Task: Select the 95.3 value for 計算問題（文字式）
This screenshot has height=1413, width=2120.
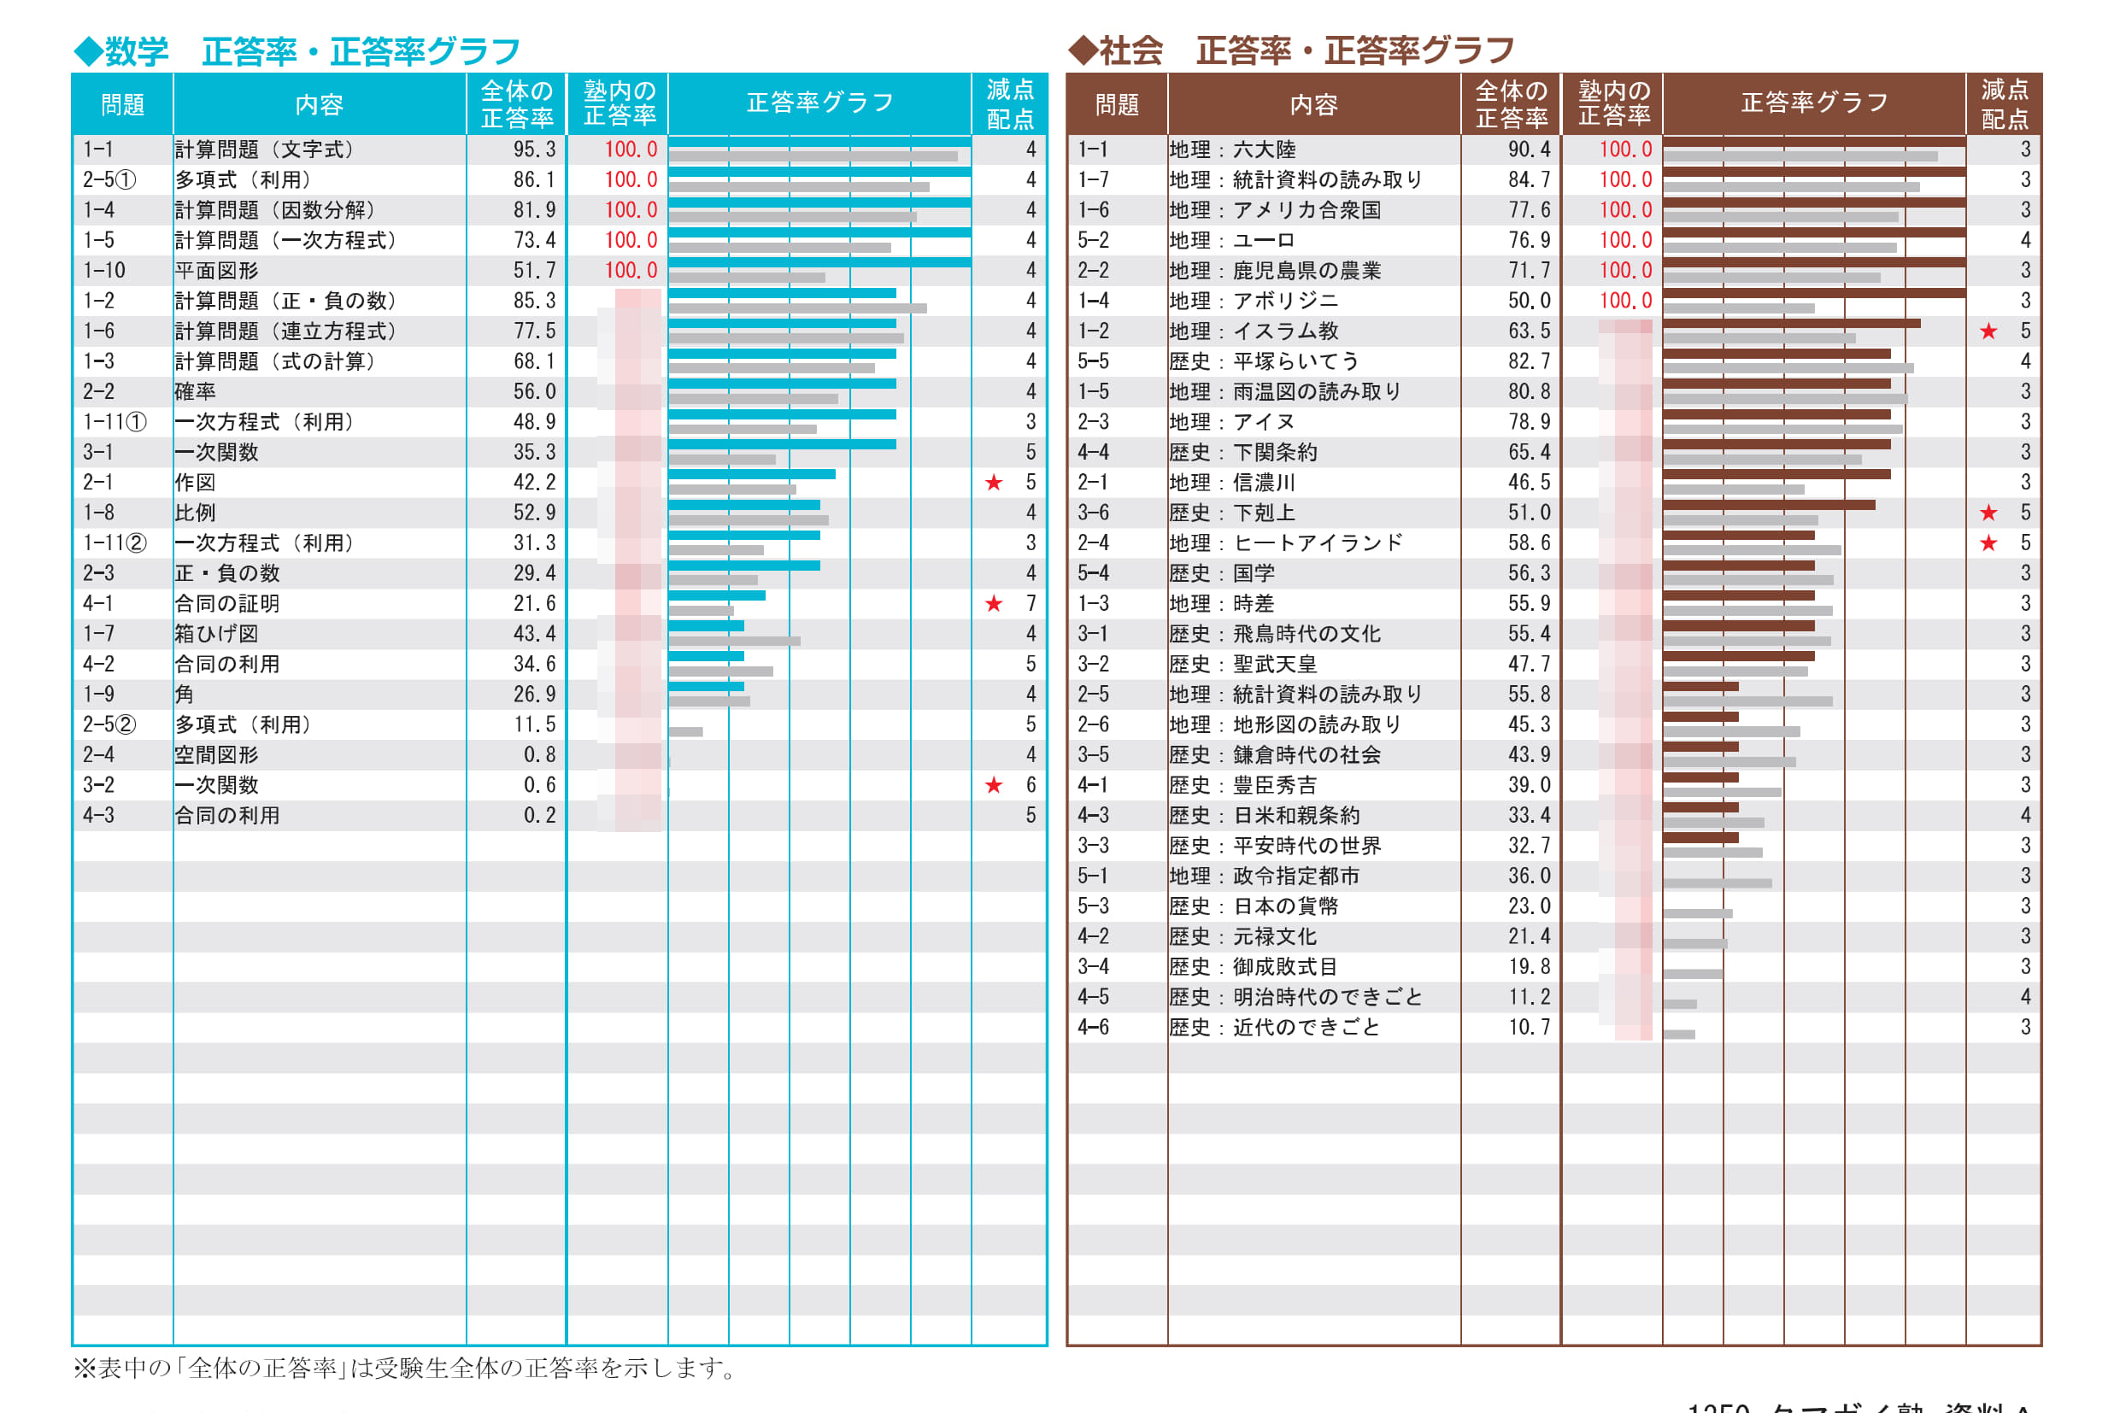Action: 535,150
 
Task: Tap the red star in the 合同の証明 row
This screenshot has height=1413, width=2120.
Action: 993,604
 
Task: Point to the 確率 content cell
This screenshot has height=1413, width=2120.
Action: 196,392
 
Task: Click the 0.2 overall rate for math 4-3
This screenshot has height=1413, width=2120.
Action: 540,816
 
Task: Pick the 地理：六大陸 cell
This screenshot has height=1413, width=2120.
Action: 1232,150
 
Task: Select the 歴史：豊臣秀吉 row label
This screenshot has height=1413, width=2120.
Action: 1243,786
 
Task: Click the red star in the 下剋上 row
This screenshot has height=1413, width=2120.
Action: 1988,513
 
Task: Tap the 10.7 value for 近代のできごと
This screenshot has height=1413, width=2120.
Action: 1530,1028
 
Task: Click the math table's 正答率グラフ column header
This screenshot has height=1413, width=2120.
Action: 819,103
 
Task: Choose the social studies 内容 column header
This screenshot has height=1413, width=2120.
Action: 1313,105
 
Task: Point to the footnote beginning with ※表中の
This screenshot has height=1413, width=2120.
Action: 406,1368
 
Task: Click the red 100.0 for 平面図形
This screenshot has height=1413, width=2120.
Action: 631,270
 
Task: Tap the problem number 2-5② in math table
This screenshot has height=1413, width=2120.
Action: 109,725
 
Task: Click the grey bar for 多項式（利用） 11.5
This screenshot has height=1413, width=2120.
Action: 685,732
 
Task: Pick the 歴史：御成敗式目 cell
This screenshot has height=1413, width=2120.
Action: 1253,967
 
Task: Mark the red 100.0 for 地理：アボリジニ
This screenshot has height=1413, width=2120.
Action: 1625,301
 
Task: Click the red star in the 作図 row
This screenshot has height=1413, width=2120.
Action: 993,483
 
